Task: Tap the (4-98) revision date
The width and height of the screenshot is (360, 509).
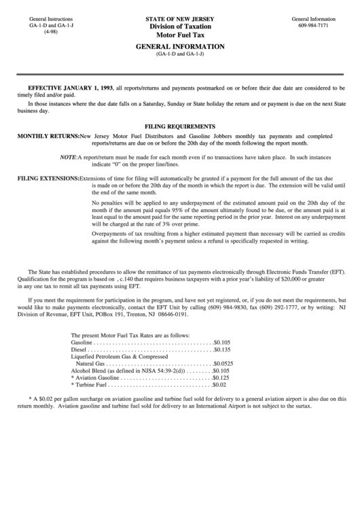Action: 32,32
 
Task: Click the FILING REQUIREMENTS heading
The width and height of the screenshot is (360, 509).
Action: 180,126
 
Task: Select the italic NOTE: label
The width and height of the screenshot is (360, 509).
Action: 68,157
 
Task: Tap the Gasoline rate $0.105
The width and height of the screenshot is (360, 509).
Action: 222,343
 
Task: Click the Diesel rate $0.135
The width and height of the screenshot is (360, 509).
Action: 222,350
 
